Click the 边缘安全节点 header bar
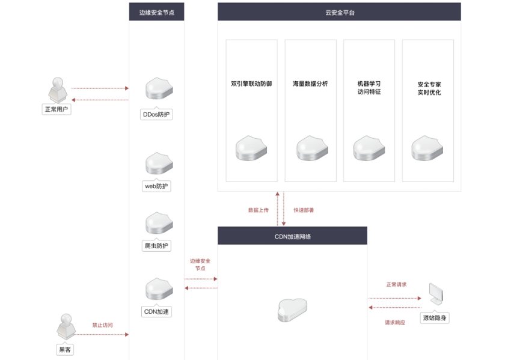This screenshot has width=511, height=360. (x=156, y=12)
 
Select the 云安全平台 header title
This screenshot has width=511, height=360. (x=340, y=13)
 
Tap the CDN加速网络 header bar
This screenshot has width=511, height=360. (x=292, y=236)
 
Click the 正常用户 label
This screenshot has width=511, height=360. (x=57, y=109)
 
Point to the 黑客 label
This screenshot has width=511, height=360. (x=65, y=350)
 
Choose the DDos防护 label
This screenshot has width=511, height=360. (x=156, y=114)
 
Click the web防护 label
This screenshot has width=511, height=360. (x=156, y=186)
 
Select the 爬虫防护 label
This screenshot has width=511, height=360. (x=156, y=246)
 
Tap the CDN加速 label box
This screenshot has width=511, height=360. (x=156, y=311)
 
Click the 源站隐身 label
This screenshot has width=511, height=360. (x=435, y=318)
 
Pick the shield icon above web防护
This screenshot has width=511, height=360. (x=159, y=163)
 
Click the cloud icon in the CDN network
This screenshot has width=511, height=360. (x=292, y=310)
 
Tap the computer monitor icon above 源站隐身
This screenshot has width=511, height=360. (x=436, y=294)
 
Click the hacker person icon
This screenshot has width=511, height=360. (x=66, y=327)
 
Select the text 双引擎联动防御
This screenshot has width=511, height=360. (x=251, y=84)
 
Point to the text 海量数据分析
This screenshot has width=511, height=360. (x=310, y=84)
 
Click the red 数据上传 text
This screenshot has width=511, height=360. (x=259, y=210)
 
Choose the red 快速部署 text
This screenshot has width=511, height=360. (x=304, y=210)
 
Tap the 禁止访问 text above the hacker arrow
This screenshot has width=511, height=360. (x=102, y=325)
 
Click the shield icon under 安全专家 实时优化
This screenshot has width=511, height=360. (x=427, y=148)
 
